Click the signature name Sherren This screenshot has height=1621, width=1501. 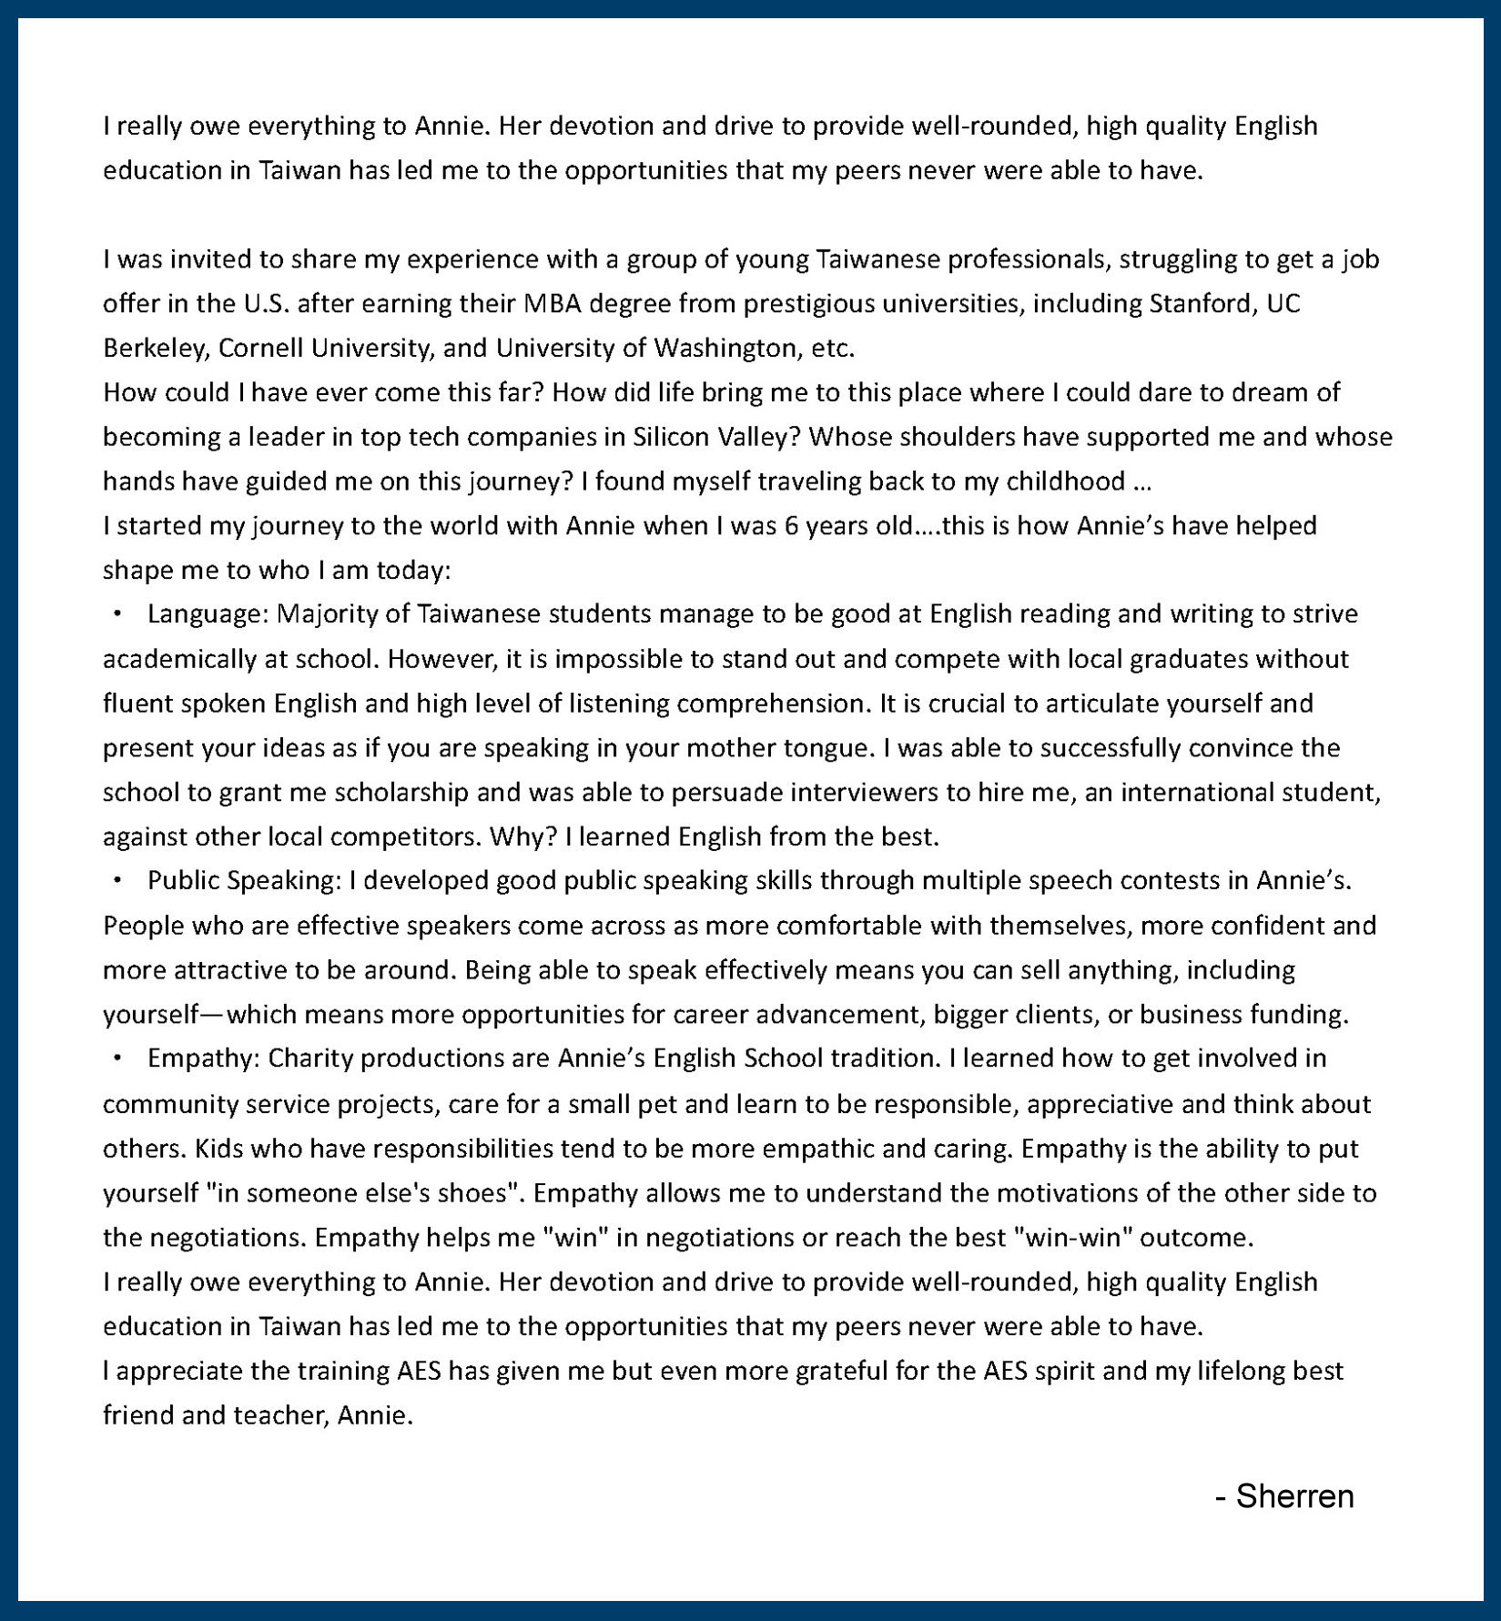coord(1294,1496)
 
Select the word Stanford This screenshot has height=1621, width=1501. coord(1202,303)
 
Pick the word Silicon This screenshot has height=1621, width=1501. coord(671,437)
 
